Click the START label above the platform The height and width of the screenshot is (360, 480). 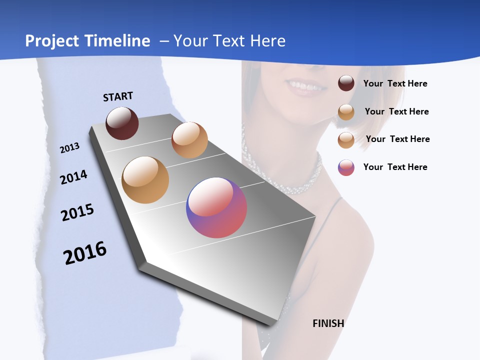click(x=118, y=96)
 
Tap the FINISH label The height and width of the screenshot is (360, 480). click(x=328, y=323)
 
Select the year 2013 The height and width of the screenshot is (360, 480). click(x=69, y=148)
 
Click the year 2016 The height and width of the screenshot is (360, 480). click(x=85, y=253)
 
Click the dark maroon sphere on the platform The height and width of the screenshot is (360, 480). click(x=122, y=123)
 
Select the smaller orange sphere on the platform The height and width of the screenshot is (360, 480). click(x=189, y=140)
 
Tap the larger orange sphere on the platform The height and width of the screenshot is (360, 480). click(x=145, y=180)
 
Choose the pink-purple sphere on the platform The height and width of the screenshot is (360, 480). click(x=216, y=207)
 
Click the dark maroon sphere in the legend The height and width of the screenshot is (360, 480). click(x=346, y=83)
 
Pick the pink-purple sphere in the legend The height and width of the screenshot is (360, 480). click(x=346, y=167)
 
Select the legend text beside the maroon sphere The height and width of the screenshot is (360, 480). click(x=395, y=83)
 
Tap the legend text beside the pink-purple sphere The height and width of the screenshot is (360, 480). click(x=395, y=167)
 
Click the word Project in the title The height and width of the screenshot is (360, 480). click(x=52, y=41)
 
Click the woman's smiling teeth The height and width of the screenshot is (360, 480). click(x=303, y=86)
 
